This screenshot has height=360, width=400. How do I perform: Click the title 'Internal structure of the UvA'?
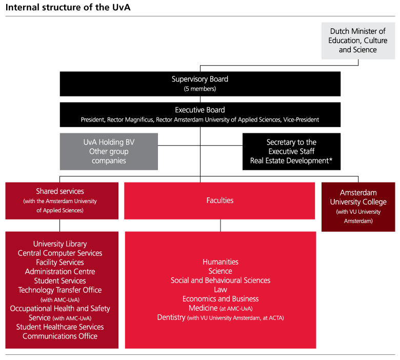point(64,8)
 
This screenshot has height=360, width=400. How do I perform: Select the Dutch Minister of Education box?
point(358,41)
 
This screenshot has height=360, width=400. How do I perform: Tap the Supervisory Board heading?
point(200,79)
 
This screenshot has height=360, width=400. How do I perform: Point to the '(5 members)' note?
point(200,89)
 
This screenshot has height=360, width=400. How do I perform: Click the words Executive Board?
point(200,110)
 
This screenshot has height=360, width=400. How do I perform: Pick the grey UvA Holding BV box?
point(109,151)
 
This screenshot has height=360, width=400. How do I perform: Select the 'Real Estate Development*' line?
point(291,161)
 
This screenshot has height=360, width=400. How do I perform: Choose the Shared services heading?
point(60,191)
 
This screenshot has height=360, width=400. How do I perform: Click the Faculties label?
point(219,201)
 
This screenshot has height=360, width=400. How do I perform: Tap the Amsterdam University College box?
point(358,206)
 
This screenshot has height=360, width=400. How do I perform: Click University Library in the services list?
point(60,244)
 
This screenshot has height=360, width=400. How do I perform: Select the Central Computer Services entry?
point(60,253)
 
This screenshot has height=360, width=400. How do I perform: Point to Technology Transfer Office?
point(60,290)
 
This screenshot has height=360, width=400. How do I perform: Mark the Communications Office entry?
point(60,336)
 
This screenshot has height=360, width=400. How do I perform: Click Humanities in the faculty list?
point(221,262)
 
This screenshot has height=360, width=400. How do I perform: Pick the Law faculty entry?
point(221,290)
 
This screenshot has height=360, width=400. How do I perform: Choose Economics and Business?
point(221,299)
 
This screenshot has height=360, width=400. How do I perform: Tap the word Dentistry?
point(171,317)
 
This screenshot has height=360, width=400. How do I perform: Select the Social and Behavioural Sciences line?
point(221,281)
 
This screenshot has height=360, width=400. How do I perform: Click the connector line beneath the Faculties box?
point(221,225)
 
